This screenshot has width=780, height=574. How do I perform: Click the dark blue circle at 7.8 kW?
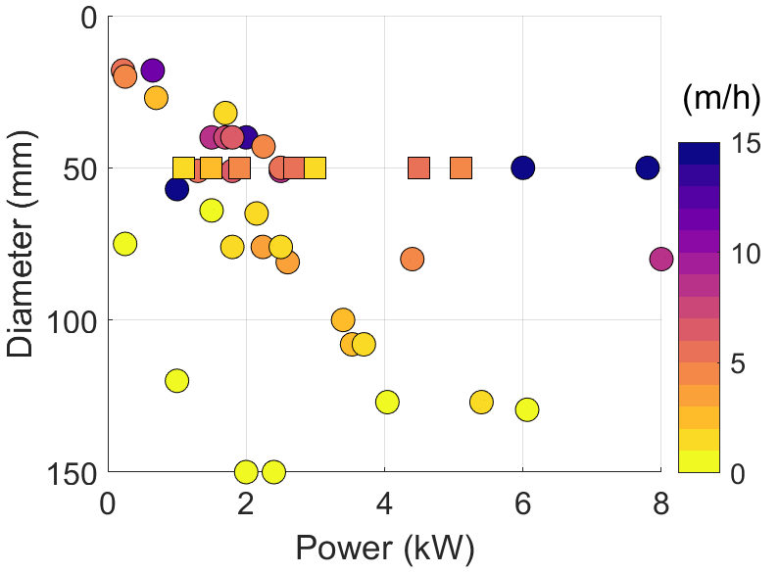click(x=647, y=167)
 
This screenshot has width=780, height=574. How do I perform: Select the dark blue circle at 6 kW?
click(x=523, y=167)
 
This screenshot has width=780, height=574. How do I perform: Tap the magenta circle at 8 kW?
click(x=660, y=259)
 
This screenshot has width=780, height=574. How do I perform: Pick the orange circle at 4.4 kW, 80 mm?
click(x=412, y=259)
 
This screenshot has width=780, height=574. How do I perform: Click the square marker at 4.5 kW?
click(x=419, y=167)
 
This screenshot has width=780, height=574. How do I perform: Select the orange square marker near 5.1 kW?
click(x=461, y=167)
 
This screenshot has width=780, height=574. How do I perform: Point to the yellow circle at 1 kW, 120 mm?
click(x=176, y=380)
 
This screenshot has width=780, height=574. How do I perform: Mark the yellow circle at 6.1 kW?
click(x=527, y=408)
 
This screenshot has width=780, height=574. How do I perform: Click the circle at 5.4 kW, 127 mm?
click(x=481, y=402)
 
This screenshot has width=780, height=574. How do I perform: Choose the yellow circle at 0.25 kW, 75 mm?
click(x=124, y=243)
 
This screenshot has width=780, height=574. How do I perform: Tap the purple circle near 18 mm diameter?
click(x=153, y=70)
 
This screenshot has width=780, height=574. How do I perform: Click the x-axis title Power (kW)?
click(x=384, y=550)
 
